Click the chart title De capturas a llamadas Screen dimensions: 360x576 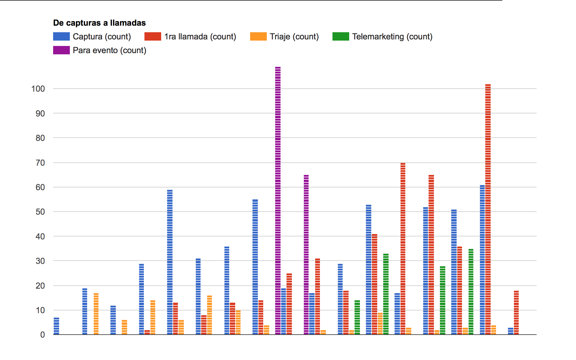(99, 23)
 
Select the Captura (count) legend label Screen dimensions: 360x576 (102, 37)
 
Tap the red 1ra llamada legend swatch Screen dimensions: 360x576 (153, 36)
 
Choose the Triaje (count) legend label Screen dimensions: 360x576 (294, 37)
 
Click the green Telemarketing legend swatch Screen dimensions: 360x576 (341, 36)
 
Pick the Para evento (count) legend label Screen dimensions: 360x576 (109, 50)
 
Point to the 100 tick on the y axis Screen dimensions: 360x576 (38, 89)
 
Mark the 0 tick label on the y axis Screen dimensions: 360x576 (42, 335)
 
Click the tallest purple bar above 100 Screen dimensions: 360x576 (278, 200)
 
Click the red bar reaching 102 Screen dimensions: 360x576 (488, 209)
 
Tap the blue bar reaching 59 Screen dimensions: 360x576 (170, 262)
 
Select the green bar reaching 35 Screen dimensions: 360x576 (471, 291)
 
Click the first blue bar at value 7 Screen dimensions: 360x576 (56, 326)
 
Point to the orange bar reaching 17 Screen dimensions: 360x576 (96, 313)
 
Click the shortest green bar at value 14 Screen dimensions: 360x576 (357, 317)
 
